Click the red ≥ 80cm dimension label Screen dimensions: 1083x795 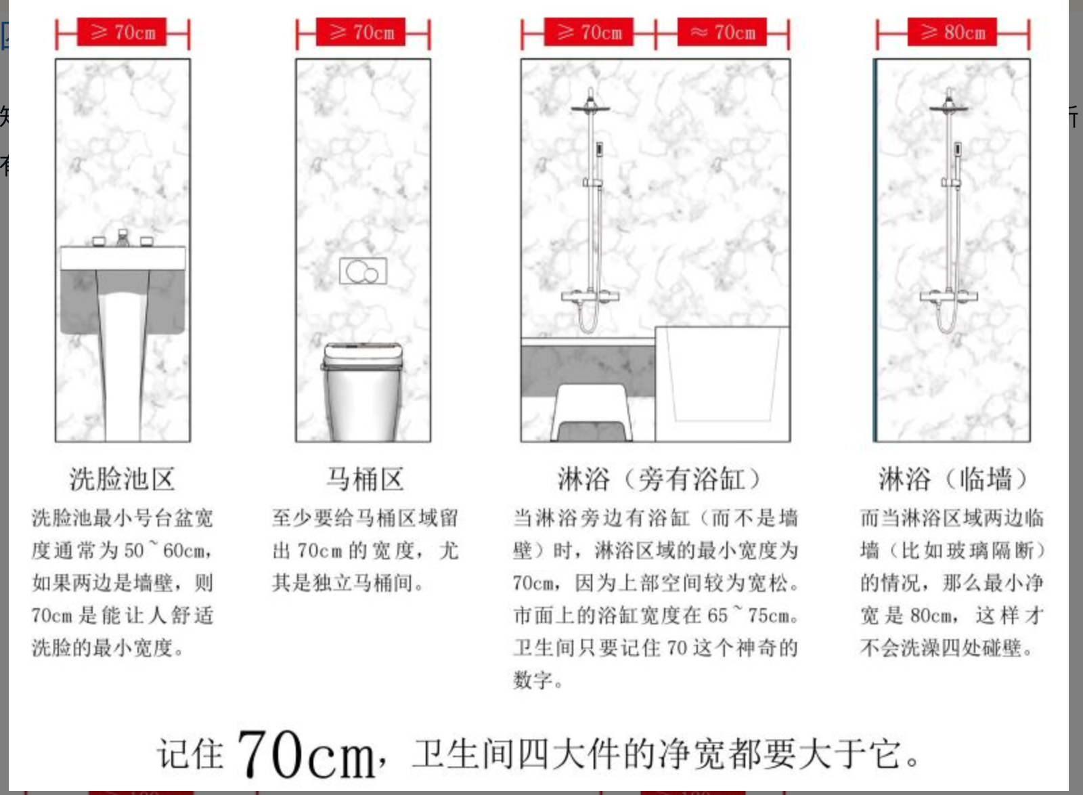point(952,32)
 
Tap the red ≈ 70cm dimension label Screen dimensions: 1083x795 point(722,32)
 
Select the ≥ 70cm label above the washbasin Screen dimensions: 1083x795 point(122,32)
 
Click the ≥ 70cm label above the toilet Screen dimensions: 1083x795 point(361,32)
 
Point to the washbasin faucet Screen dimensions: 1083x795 point(123,238)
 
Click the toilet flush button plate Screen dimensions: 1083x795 point(363,271)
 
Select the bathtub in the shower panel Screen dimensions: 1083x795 point(722,383)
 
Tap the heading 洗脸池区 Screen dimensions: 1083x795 point(122,479)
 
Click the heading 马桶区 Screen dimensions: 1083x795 point(365,479)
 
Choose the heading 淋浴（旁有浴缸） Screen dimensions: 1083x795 point(659,479)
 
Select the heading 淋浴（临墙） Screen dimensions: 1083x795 point(952,479)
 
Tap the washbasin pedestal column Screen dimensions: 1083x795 point(123,368)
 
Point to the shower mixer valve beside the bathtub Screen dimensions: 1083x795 point(590,296)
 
